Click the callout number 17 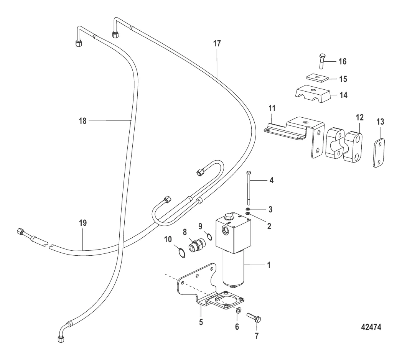(217, 44)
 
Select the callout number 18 (82, 121)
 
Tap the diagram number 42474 (371, 327)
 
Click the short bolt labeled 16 (322, 61)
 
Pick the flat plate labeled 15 (317, 77)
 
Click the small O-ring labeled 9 (209, 237)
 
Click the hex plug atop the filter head (228, 217)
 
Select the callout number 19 (83, 223)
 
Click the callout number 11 (272, 108)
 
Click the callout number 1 (269, 265)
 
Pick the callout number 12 (360, 117)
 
